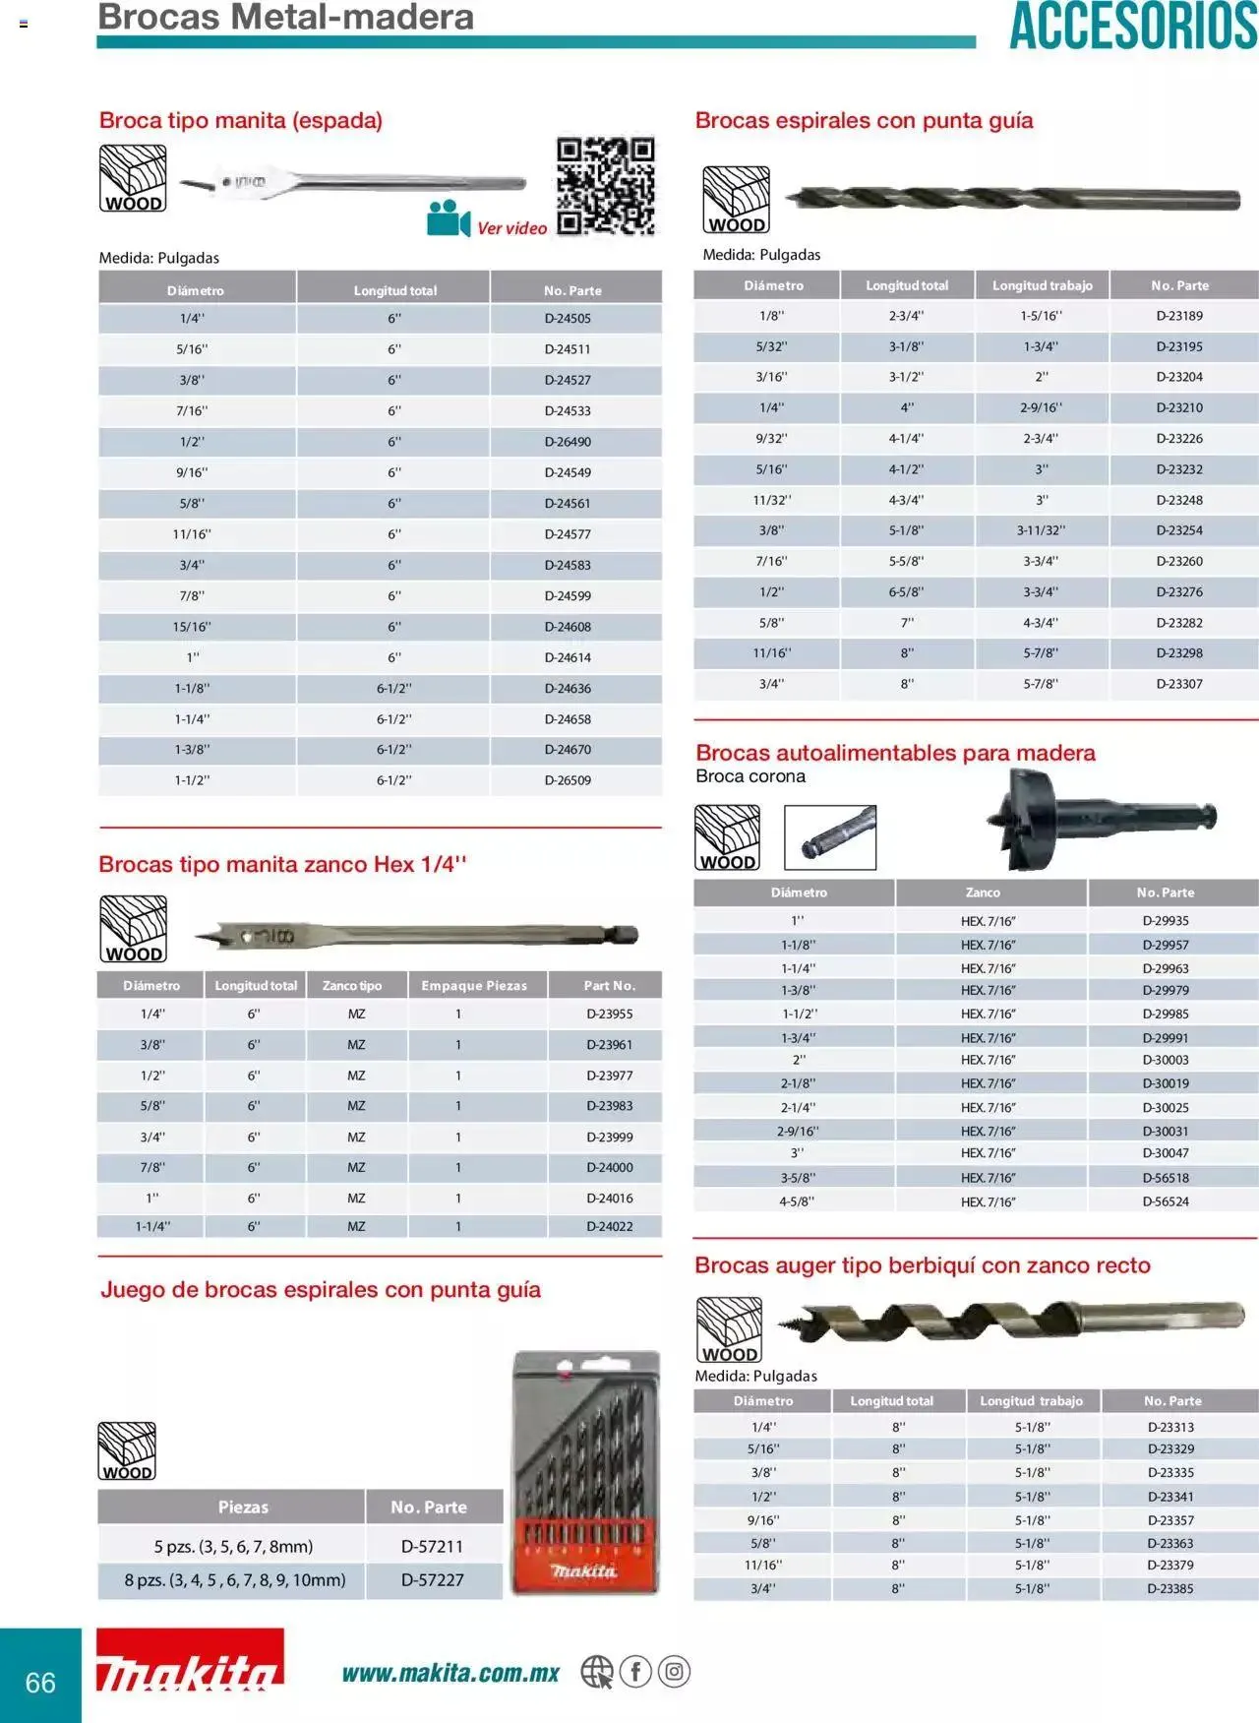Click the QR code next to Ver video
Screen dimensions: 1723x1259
tap(605, 186)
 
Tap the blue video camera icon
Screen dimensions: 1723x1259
tap(448, 218)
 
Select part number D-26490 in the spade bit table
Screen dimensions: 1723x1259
tap(568, 442)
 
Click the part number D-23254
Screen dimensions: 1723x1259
tap(1178, 530)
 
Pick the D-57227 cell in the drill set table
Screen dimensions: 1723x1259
tap(432, 1579)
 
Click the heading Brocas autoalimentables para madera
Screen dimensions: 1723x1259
tap(895, 753)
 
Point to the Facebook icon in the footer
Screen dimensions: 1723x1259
tap(635, 1671)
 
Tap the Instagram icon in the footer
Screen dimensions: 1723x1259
tap(674, 1671)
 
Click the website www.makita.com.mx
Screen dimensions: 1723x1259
tap(450, 1673)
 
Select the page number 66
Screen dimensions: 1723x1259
tap(40, 1682)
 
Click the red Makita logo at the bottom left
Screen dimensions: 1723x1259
tap(190, 1661)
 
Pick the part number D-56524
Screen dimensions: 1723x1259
tap(1166, 1201)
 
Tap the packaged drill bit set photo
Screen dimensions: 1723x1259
tap(586, 1472)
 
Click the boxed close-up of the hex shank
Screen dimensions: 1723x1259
tap(830, 837)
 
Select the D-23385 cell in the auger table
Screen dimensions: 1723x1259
tap(1169, 1588)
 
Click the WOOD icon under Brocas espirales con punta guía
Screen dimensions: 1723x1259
tap(736, 200)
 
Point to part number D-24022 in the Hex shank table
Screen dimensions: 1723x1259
tap(609, 1227)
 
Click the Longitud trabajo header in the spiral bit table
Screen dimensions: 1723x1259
tap(1042, 285)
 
